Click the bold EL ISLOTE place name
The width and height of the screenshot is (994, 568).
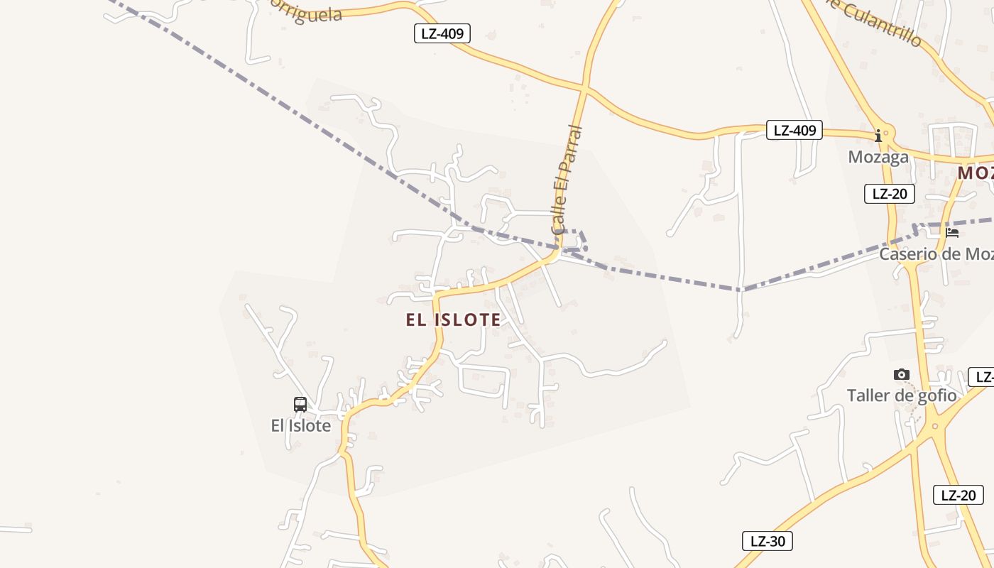(453, 319)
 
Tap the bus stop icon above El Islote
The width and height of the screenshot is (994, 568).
(300, 405)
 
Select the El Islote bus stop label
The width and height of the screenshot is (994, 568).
(301, 426)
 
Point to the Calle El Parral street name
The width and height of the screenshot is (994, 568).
(567, 180)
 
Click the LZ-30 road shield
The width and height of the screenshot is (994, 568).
(768, 541)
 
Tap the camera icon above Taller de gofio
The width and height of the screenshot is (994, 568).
(902, 374)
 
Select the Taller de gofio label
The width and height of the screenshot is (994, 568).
(902, 395)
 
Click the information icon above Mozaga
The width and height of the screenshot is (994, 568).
(878, 135)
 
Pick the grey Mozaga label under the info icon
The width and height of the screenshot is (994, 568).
(878, 157)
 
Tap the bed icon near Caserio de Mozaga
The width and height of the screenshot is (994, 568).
(952, 232)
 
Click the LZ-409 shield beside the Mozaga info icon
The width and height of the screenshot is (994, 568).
(794, 130)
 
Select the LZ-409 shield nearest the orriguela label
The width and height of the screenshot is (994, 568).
(442, 33)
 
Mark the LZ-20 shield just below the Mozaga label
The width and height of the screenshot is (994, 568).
(889, 194)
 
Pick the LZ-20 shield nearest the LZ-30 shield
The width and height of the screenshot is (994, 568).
(958, 495)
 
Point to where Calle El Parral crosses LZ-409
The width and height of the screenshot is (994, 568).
(584, 88)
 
